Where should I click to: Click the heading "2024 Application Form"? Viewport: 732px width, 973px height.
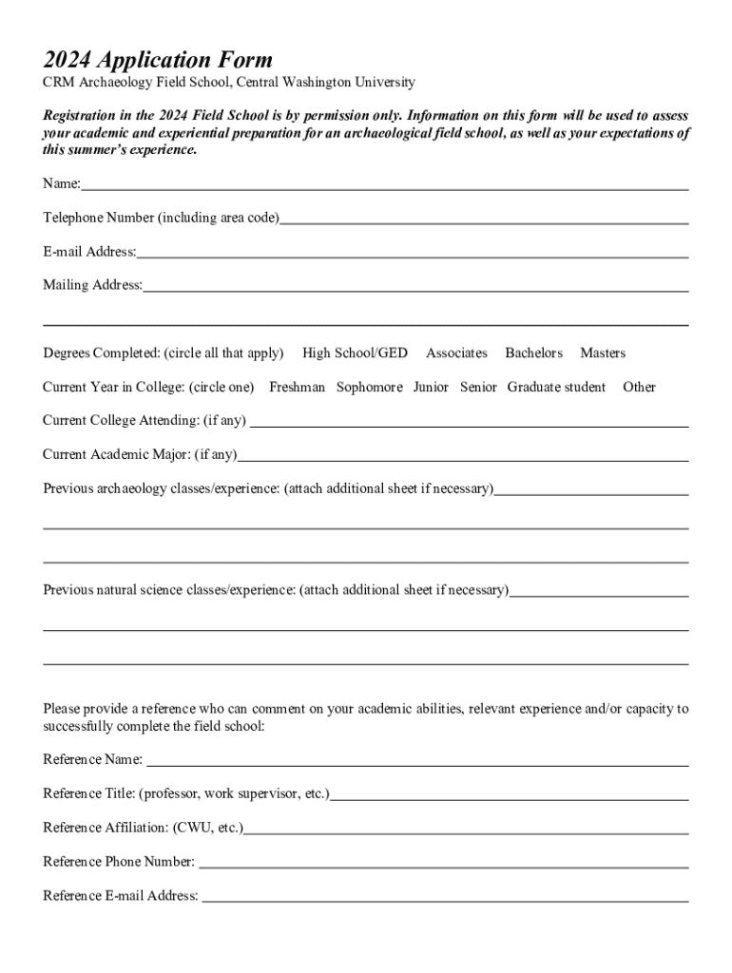click(158, 61)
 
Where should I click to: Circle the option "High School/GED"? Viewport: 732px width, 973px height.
click(355, 353)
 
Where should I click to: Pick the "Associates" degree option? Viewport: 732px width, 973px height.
click(456, 353)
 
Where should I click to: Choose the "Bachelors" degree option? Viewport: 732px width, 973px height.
click(533, 353)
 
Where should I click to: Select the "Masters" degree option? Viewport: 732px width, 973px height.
click(603, 353)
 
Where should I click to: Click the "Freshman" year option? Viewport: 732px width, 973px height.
click(297, 388)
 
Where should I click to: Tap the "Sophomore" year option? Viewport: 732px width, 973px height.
click(369, 388)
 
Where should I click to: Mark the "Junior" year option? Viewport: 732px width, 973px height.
click(431, 388)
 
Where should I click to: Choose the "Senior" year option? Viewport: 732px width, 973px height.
click(478, 388)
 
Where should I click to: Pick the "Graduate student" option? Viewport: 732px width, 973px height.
click(556, 388)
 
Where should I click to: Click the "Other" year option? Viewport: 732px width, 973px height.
click(639, 388)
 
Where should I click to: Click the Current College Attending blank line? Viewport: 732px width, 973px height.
click(469, 422)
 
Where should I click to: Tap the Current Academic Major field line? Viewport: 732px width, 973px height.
click(463, 456)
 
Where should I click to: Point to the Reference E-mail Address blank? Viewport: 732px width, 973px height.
click(445, 897)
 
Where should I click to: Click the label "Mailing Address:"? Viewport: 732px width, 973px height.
click(92, 285)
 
